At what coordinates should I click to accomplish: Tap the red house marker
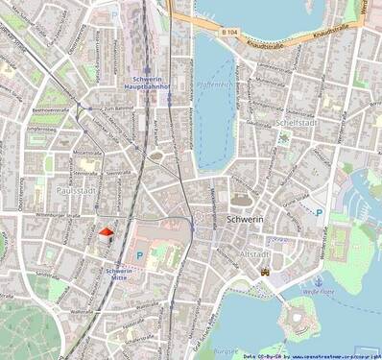(x=106, y=231)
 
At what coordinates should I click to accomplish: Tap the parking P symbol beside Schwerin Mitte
(x=140, y=255)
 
